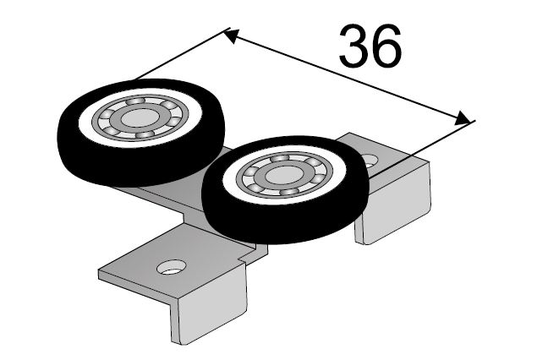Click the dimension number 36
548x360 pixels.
point(370,46)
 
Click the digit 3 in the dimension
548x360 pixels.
point(353,46)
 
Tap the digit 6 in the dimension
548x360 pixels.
point(386,46)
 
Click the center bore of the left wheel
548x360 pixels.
point(140,117)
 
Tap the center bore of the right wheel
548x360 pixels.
point(284,175)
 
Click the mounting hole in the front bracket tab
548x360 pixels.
point(171,267)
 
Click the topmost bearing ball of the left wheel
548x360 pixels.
point(135,101)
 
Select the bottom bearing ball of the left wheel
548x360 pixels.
point(145,134)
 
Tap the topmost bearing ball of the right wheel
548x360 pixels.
point(279,158)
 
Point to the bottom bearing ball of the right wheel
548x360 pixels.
point(289,191)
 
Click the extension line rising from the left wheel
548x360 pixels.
point(183,53)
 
